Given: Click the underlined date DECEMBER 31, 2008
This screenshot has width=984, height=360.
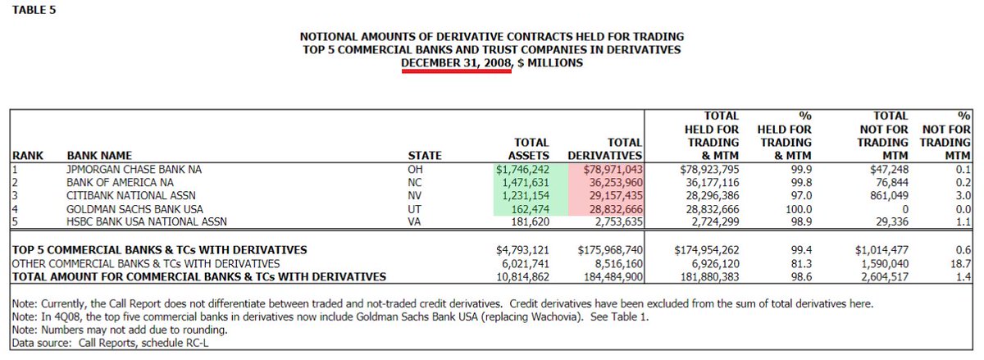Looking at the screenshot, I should [x=457, y=62].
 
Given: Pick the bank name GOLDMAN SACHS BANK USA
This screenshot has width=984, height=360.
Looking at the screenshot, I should [x=134, y=209].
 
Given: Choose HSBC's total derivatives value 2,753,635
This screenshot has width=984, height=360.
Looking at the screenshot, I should [x=611, y=222].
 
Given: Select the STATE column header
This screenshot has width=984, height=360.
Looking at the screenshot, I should [x=425, y=155].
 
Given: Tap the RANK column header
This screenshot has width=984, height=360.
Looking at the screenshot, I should [x=26, y=155].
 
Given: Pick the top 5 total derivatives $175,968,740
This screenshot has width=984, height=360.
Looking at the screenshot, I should [x=602, y=249].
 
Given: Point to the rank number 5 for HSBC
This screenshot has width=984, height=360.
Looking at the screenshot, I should [x=13, y=222].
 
